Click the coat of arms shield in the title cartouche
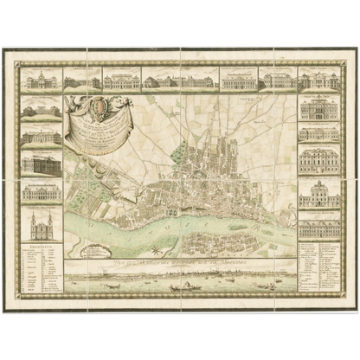pos(97,110)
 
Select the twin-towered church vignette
pos(41,228)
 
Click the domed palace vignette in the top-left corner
pos(41,80)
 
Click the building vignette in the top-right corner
pos(319,80)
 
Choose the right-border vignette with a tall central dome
pos(319,193)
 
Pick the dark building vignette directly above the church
pos(41,191)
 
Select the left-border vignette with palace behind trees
pos(41,110)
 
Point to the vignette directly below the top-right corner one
pos(319,107)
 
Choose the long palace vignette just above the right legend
pos(319,228)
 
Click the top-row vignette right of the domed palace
pos(82,80)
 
